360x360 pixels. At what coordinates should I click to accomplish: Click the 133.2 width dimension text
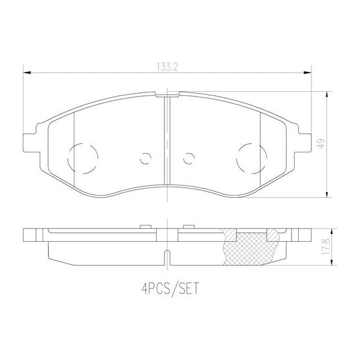click(x=167, y=67)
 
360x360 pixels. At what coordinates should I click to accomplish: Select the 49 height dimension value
click(x=322, y=143)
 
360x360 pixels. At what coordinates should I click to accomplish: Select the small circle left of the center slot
click(x=145, y=159)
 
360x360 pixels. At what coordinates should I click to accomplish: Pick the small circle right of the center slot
click(x=188, y=159)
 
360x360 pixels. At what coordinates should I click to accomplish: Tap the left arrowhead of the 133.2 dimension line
click(x=26, y=73)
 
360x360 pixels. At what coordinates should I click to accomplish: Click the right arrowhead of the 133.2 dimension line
click(x=307, y=73)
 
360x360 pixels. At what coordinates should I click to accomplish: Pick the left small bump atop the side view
click(x=144, y=226)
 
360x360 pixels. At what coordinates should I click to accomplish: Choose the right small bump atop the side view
click(x=188, y=226)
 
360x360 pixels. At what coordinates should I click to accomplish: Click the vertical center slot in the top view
click(x=167, y=144)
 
